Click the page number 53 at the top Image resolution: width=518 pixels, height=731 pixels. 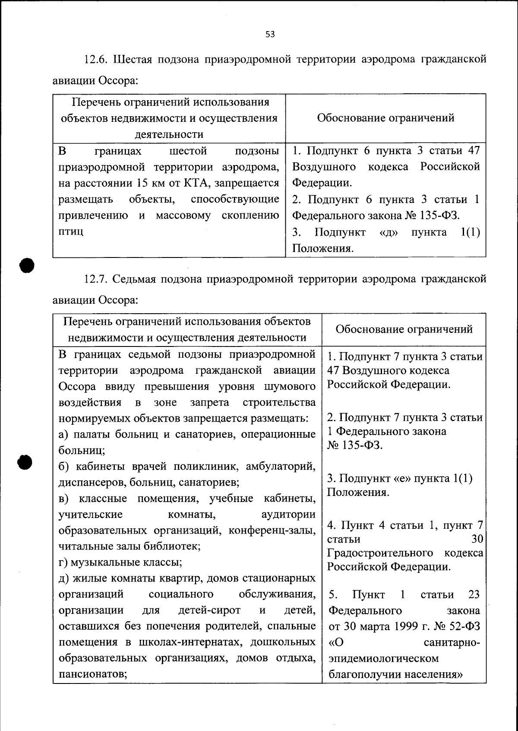270,35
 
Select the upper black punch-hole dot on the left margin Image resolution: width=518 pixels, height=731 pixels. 26,265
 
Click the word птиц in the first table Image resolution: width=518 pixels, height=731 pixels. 71,232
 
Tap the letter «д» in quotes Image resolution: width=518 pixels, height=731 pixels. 388,232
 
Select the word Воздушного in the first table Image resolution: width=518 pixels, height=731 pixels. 324,167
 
